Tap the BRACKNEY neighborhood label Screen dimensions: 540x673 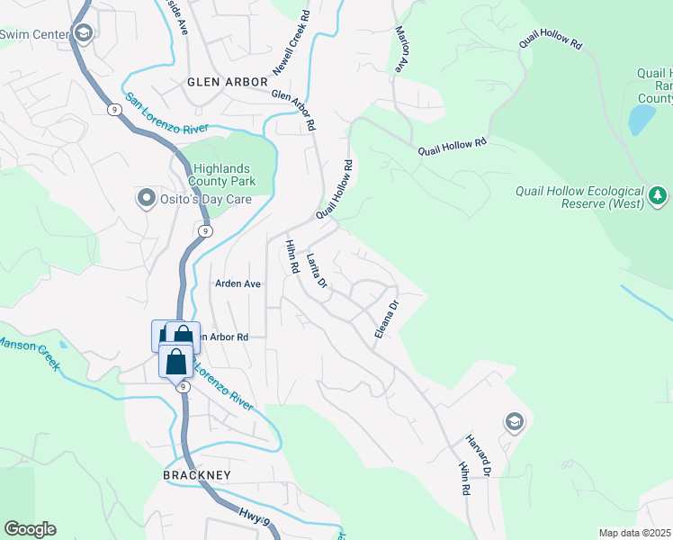point(197,474)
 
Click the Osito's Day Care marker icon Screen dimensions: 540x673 point(146,198)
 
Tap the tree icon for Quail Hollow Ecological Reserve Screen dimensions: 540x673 point(659,195)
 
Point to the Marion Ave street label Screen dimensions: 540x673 point(400,49)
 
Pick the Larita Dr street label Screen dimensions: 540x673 point(316,271)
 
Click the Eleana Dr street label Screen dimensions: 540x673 point(386,319)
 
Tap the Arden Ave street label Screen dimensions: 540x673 point(238,283)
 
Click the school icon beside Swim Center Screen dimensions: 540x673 point(83,34)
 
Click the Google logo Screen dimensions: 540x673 point(30,529)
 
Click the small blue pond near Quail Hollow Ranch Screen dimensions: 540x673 point(641,119)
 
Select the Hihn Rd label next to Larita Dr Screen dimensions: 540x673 point(292,256)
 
